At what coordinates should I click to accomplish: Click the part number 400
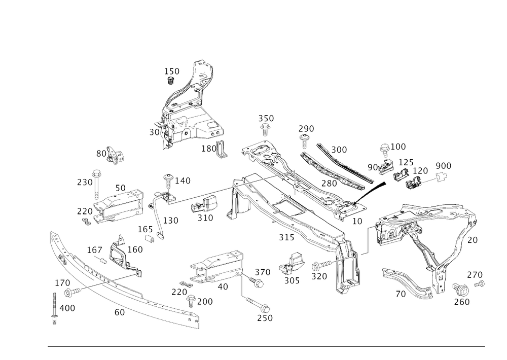point(67,308)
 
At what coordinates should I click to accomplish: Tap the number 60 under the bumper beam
point(120,313)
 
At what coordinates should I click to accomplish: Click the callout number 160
point(135,250)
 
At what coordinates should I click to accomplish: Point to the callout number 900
point(443,165)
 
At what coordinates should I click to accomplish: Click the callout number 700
point(205,301)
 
